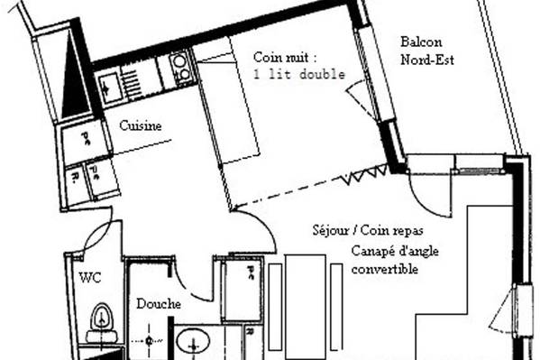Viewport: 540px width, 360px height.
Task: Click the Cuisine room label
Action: pyautogui.click(x=140, y=125)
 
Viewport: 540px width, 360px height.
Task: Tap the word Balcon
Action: pyautogui.click(x=421, y=42)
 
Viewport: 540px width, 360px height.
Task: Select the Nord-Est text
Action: pyautogui.click(x=427, y=60)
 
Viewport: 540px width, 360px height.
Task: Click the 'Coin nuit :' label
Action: pyautogui.click(x=285, y=57)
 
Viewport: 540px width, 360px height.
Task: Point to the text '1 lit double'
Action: pyautogui.click(x=299, y=75)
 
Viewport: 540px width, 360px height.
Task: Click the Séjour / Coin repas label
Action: pyautogui.click(x=368, y=230)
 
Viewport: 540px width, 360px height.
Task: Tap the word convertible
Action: pyautogui.click(x=385, y=269)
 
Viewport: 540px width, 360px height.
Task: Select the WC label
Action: pyautogui.click(x=90, y=278)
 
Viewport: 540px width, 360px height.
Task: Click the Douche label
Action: pyautogui.click(x=159, y=304)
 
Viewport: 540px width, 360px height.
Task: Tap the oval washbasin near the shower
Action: pyautogui.click(x=193, y=341)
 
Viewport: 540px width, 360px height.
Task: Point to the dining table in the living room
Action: pyautogui.click(x=306, y=307)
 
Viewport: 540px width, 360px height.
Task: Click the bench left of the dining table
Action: pyautogui.click(x=275, y=307)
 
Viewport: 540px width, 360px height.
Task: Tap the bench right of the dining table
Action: pyautogui.click(x=336, y=307)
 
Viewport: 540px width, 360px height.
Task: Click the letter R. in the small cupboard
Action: pyautogui.click(x=74, y=178)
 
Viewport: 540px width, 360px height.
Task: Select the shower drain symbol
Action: pyautogui.click(x=149, y=341)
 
